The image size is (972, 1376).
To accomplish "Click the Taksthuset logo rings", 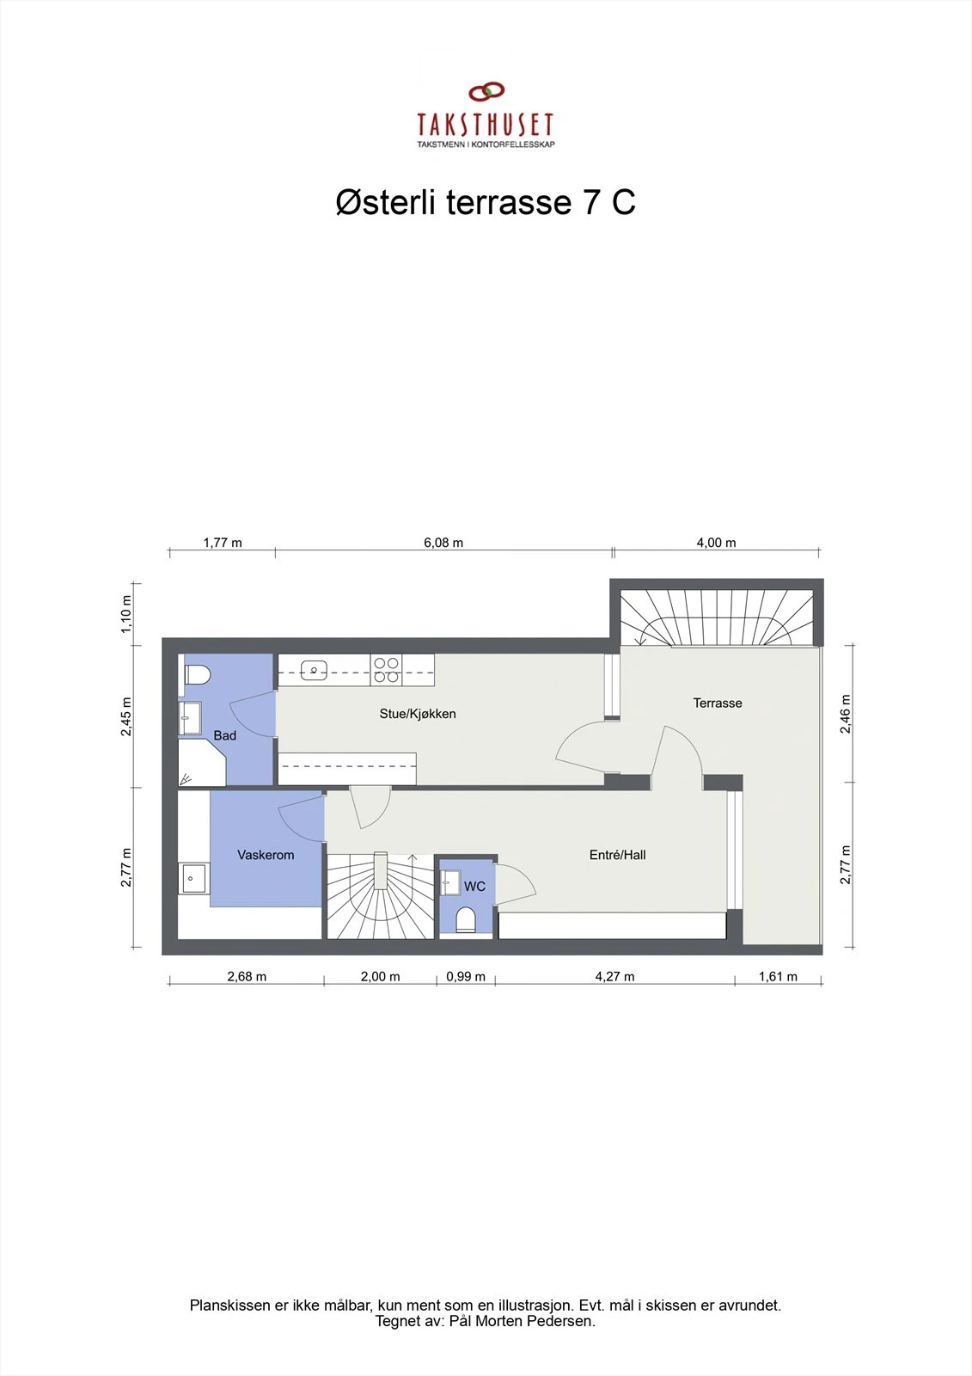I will tap(486, 92).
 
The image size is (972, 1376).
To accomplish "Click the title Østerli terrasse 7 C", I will tap(486, 203).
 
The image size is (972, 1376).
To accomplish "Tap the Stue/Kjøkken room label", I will tap(418, 714).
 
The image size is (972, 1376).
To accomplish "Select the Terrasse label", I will tap(718, 703).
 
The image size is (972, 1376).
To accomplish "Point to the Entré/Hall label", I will tap(617, 855).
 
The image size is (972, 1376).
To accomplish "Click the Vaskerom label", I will tap(266, 855).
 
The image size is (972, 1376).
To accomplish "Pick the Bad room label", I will tap(225, 735).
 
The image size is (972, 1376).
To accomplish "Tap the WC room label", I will tap(474, 886).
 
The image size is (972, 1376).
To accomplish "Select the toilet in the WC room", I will tap(466, 919).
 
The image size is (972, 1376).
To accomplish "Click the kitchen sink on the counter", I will tap(315, 669).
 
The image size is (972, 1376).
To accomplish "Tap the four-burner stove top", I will tap(386, 669).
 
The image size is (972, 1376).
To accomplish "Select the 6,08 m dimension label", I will tap(443, 543).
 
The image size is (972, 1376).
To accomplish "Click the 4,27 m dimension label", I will tap(614, 976).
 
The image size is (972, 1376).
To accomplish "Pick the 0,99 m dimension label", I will tap(466, 976).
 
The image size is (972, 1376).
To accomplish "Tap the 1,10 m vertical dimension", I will tap(126, 613).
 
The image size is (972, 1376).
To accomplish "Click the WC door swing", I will tap(516, 882).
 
